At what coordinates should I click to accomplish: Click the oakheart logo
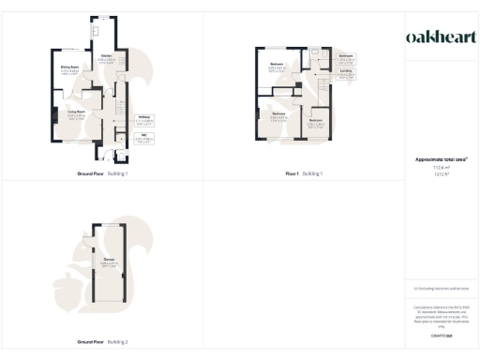(x=442, y=37)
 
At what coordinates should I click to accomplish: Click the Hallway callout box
(x=142, y=120)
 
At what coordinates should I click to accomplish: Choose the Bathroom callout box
(x=346, y=57)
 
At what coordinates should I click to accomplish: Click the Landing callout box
(x=346, y=76)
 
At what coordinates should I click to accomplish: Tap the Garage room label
(x=109, y=262)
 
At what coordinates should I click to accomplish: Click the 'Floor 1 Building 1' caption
(x=305, y=174)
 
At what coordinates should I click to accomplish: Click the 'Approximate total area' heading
(x=442, y=159)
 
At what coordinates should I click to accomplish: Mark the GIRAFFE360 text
(x=442, y=334)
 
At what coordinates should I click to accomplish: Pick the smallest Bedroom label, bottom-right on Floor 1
(x=316, y=122)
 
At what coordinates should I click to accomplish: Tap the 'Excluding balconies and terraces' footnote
(x=442, y=288)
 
